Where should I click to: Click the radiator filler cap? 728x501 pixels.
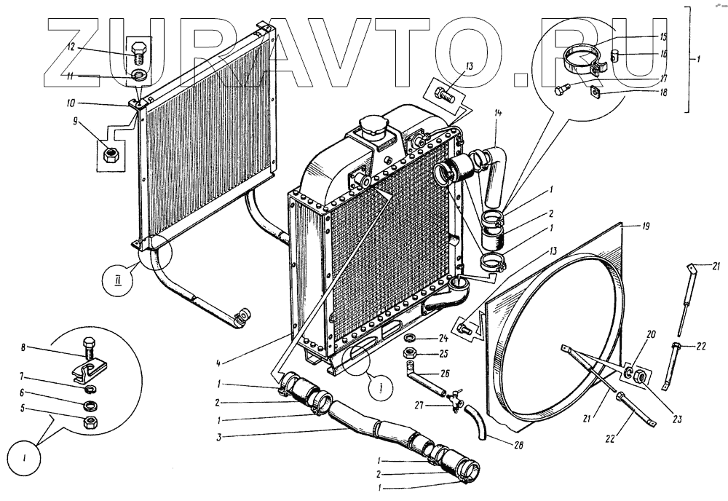[x=372, y=129]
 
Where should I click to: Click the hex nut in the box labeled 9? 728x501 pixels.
[x=114, y=154]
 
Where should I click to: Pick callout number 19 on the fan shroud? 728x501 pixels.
[x=645, y=226]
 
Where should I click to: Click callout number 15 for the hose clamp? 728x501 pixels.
[x=662, y=36]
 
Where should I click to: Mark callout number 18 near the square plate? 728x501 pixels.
[x=662, y=92]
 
